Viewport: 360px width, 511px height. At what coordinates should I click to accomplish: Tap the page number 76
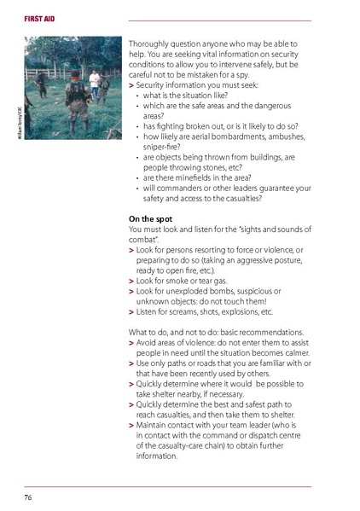tap(28, 496)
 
